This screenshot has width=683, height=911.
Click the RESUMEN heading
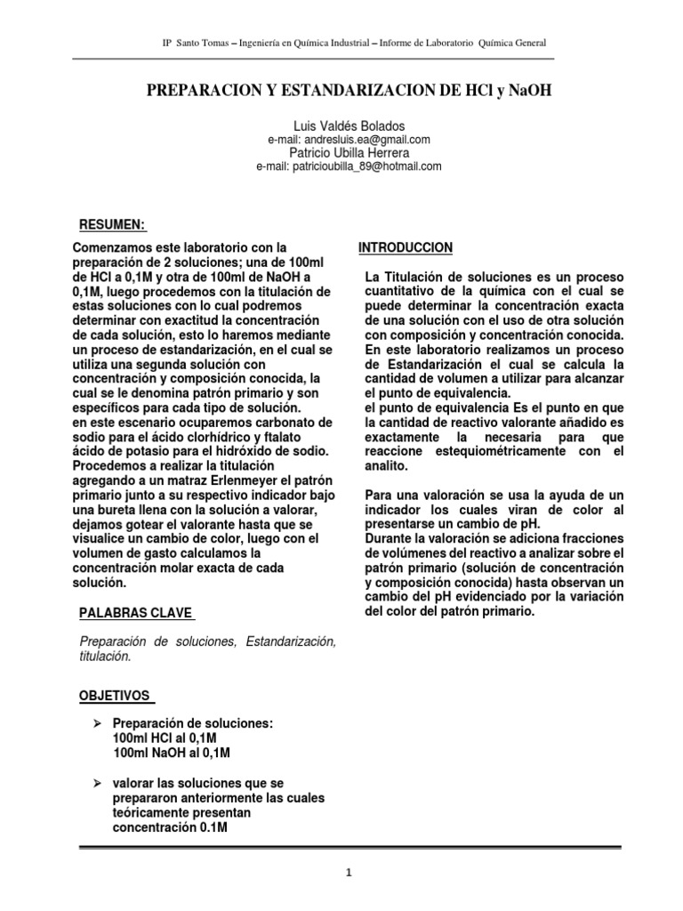tap(112, 222)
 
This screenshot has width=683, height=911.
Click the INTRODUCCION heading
tap(406, 247)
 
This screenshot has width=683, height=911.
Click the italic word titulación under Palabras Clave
tap(105, 656)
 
